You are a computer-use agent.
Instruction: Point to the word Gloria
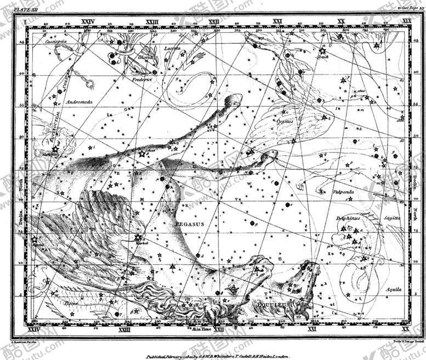pyautogui.click(x=146, y=57)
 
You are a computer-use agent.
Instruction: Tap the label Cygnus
pyautogui.click(x=285, y=121)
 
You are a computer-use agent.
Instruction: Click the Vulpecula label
pyautogui.click(x=344, y=192)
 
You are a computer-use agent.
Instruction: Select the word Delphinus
pyautogui.click(x=347, y=218)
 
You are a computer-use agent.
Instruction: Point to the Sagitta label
pyautogui.click(x=392, y=218)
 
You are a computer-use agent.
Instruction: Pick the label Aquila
pyautogui.click(x=393, y=289)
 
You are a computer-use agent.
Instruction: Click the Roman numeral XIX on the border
pyautogui.click(x=406, y=21)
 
